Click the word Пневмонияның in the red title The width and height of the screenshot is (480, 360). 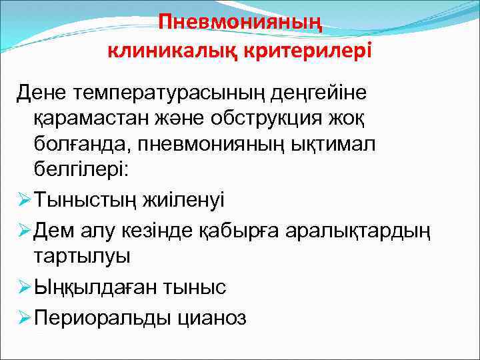pos(240,23)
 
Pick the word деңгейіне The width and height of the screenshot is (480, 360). pos(325,93)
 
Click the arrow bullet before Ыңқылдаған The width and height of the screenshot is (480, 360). pos(24,287)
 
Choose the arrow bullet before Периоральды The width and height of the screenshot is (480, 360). pos(24,317)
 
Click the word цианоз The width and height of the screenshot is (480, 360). pos(211,317)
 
